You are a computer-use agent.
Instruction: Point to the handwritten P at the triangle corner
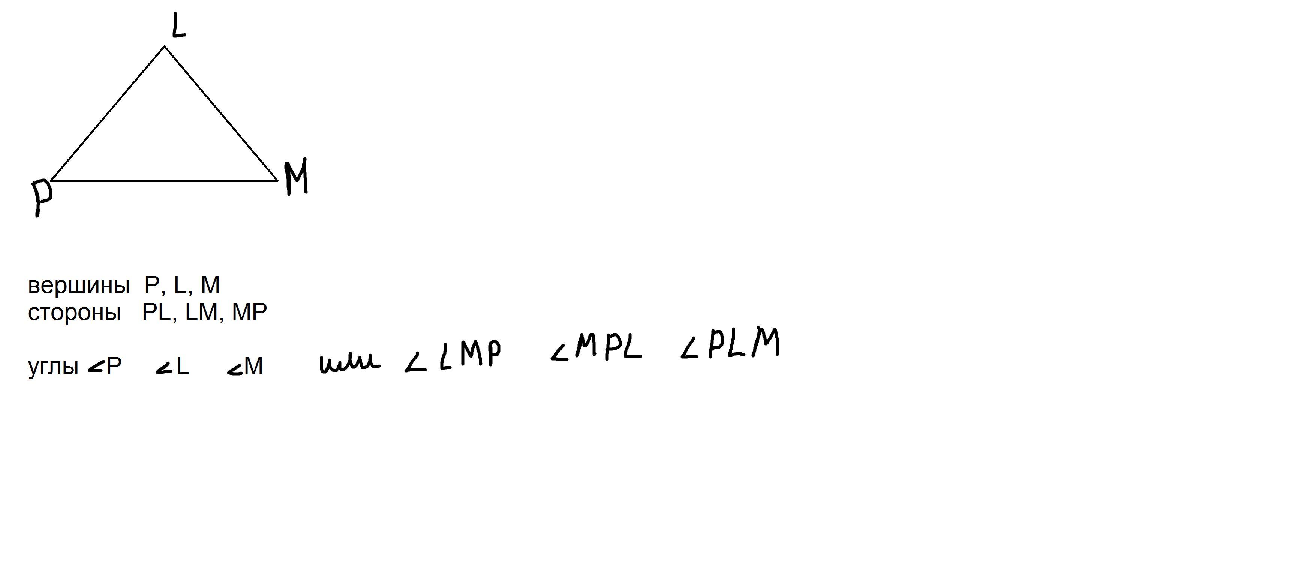(42, 197)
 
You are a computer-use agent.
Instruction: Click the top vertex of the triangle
(164, 46)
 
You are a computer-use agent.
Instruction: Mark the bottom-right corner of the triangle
(277, 180)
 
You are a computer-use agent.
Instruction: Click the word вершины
(78, 286)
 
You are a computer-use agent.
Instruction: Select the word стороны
(74, 313)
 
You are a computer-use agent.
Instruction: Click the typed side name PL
(156, 313)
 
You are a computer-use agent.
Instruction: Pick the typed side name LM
(201, 313)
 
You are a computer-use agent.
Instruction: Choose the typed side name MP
(249, 313)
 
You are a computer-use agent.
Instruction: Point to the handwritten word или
(349, 363)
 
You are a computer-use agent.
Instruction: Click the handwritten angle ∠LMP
(453, 356)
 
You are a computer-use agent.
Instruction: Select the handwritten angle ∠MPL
(596, 349)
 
